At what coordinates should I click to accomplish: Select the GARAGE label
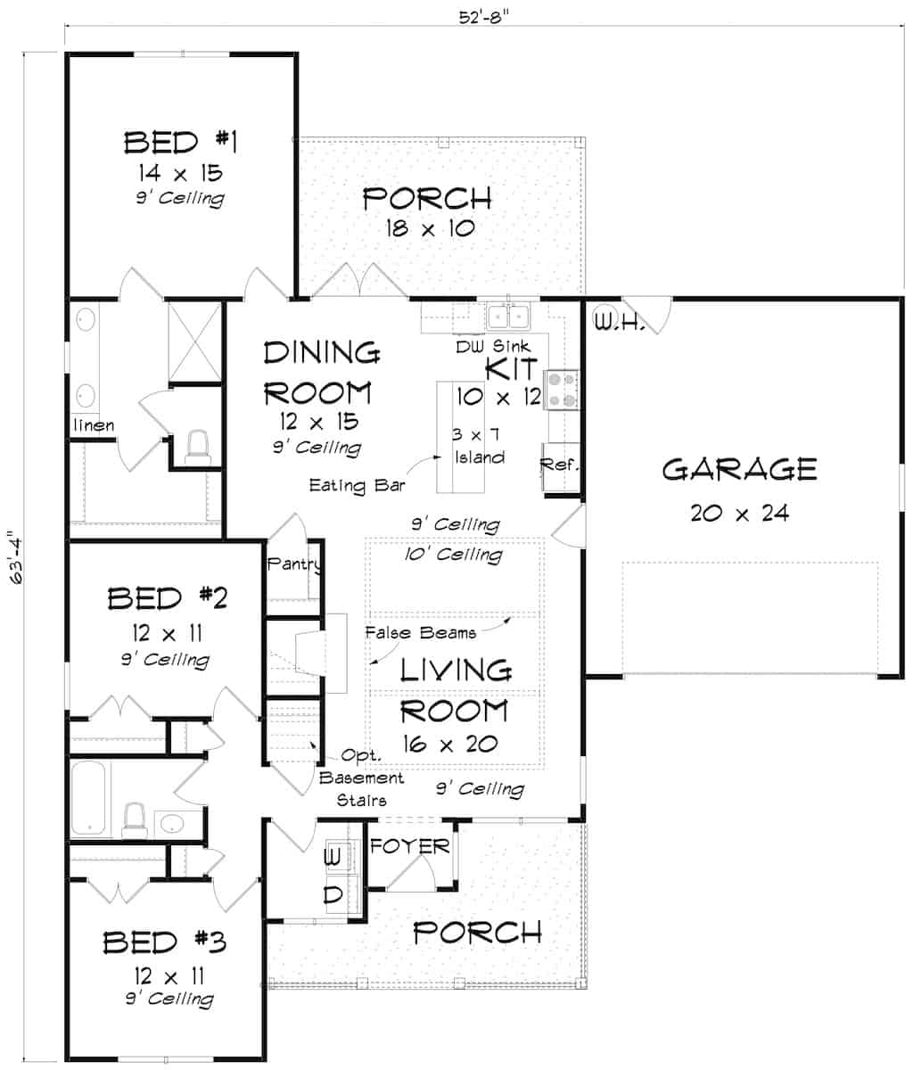739,469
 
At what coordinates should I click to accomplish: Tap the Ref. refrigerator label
560,465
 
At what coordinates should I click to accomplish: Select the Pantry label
293,564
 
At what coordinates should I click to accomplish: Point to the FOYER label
409,845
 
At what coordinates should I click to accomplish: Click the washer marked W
333,858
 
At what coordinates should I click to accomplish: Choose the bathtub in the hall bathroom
92,799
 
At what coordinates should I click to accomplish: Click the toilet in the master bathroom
196,447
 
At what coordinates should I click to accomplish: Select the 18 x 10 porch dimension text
430,228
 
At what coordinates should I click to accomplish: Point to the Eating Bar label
357,486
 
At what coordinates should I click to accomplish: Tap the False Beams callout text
420,633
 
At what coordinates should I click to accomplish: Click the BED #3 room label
165,942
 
